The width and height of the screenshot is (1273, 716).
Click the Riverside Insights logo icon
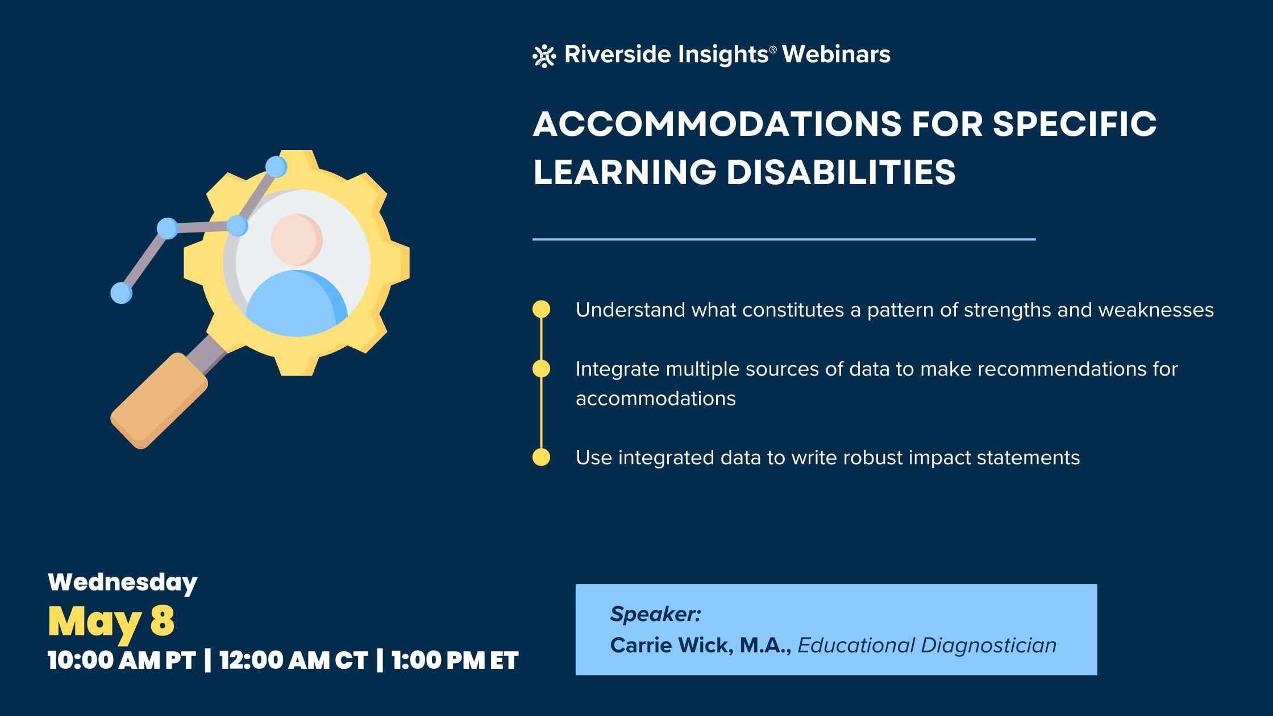[x=544, y=56]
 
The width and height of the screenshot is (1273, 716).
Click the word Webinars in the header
[x=836, y=55]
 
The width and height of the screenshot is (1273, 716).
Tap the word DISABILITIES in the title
[x=841, y=172]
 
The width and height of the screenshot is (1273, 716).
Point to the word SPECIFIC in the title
[x=1074, y=124]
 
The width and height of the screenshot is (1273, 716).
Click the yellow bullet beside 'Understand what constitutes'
[x=541, y=309]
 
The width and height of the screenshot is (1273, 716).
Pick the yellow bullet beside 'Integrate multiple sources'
[x=541, y=369]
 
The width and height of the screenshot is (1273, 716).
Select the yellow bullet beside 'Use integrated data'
[x=541, y=457]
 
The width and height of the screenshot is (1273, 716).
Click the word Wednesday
[x=123, y=582]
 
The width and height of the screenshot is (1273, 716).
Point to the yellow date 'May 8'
[x=111, y=621]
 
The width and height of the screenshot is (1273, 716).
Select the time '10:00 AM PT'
[x=122, y=660]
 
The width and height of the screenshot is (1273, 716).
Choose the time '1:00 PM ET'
[x=455, y=660]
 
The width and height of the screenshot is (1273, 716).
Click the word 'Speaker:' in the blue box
[x=655, y=614]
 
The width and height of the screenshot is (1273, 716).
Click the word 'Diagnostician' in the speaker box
[x=988, y=646]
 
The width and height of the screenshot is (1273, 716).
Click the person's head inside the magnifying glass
[x=296, y=240]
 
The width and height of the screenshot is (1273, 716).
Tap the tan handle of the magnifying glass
[x=159, y=401]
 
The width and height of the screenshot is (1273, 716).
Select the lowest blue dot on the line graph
[x=121, y=293]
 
